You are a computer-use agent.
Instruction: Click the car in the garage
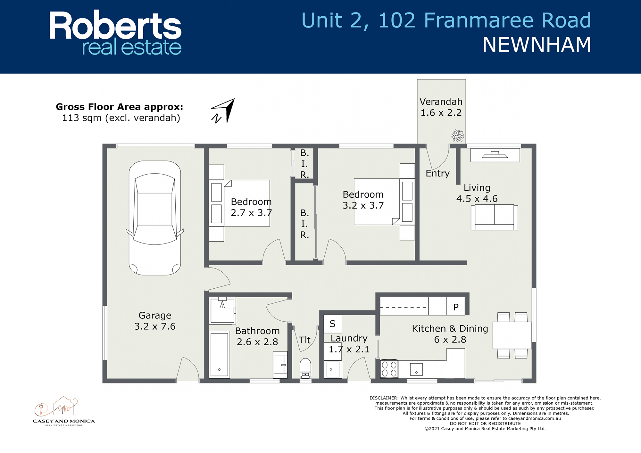pos(155,218)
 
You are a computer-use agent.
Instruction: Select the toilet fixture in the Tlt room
pos(305,367)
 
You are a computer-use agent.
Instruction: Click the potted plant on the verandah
pos(457,136)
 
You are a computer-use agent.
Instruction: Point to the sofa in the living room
pos(494,217)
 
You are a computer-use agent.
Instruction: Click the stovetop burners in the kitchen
pos(389,369)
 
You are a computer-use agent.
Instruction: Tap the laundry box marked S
pos(333,324)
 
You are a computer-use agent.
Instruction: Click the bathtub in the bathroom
pos(219,355)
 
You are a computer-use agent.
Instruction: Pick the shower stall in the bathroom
pos(222,311)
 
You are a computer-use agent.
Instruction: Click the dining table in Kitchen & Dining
pos(512,335)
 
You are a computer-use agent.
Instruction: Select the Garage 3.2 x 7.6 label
pos(155,321)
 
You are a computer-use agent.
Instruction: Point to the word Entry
pos(437,173)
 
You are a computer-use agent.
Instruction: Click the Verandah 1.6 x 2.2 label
pos(441,107)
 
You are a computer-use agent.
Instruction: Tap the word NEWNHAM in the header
pos(537,45)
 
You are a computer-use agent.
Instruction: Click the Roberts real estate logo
pos(115,33)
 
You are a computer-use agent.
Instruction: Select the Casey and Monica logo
pos(64,411)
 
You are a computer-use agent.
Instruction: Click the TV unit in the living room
pos(495,155)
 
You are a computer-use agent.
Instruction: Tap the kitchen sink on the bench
pos(416,369)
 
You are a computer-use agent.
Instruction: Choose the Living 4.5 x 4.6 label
pos(477,193)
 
